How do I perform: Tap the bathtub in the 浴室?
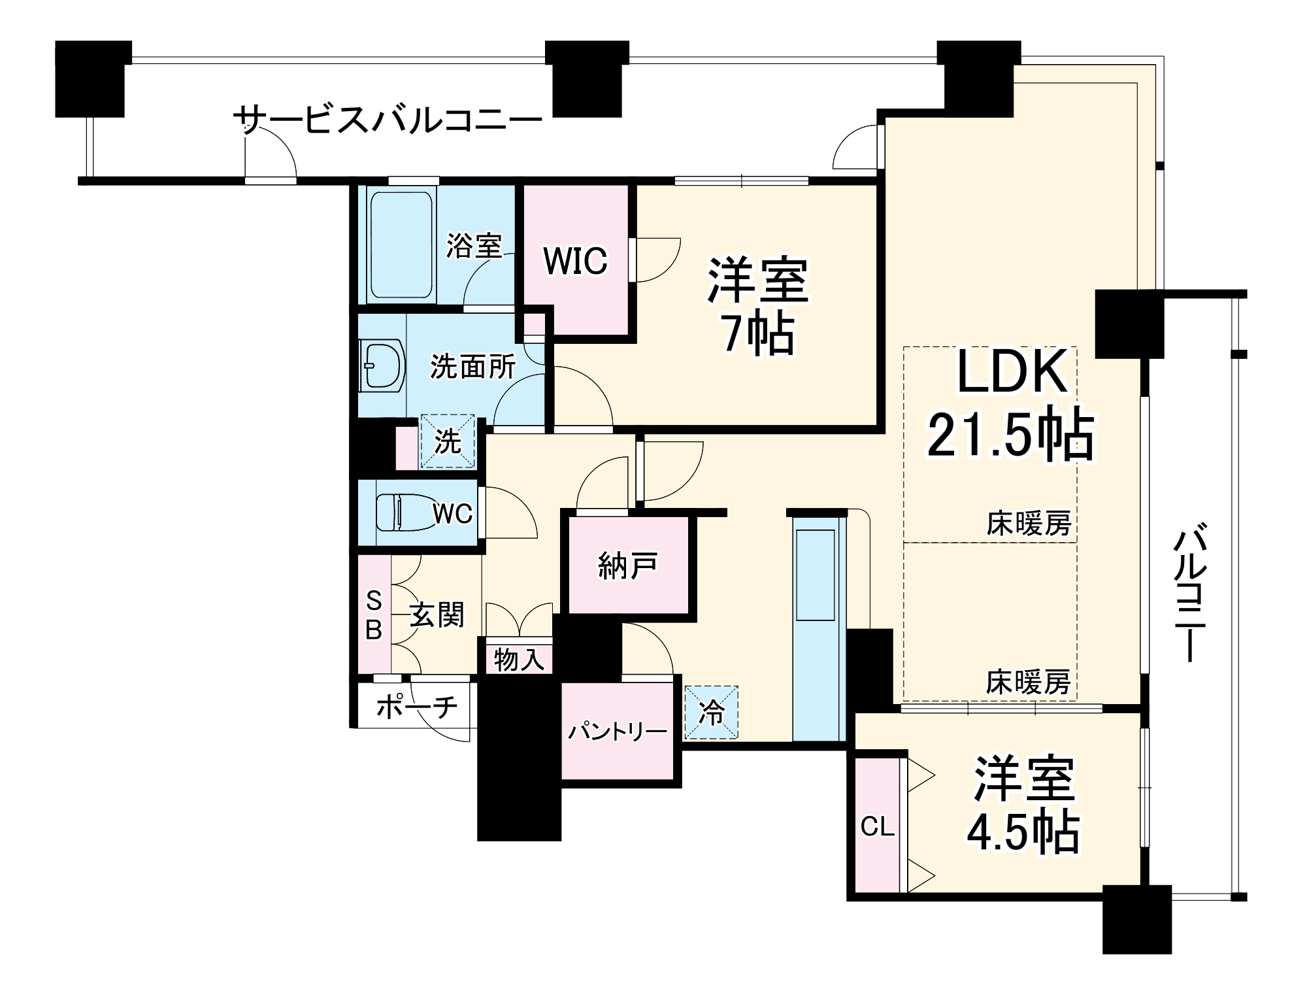click(x=401, y=245)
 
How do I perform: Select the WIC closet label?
click(x=575, y=261)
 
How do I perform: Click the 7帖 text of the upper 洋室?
click(x=758, y=334)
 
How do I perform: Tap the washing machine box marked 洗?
click(x=448, y=442)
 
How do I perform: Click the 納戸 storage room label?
click(x=627, y=565)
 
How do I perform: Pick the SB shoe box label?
click(x=373, y=615)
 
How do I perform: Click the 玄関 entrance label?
click(x=437, y=615)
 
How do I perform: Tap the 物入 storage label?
click(x=519, y=660)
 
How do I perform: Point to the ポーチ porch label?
click(x=417, y=707)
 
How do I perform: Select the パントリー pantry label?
click(x=617, y=731)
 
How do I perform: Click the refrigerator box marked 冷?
click(x=711, y=713)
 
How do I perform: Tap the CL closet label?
click(x=877, y=827)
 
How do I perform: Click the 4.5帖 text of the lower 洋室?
click(x=1023, y=832)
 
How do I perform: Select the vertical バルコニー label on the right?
click(x=1189, y=592)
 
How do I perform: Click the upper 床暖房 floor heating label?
click(x=1029, y=524)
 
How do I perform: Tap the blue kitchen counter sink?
click(x=815, y=575)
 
